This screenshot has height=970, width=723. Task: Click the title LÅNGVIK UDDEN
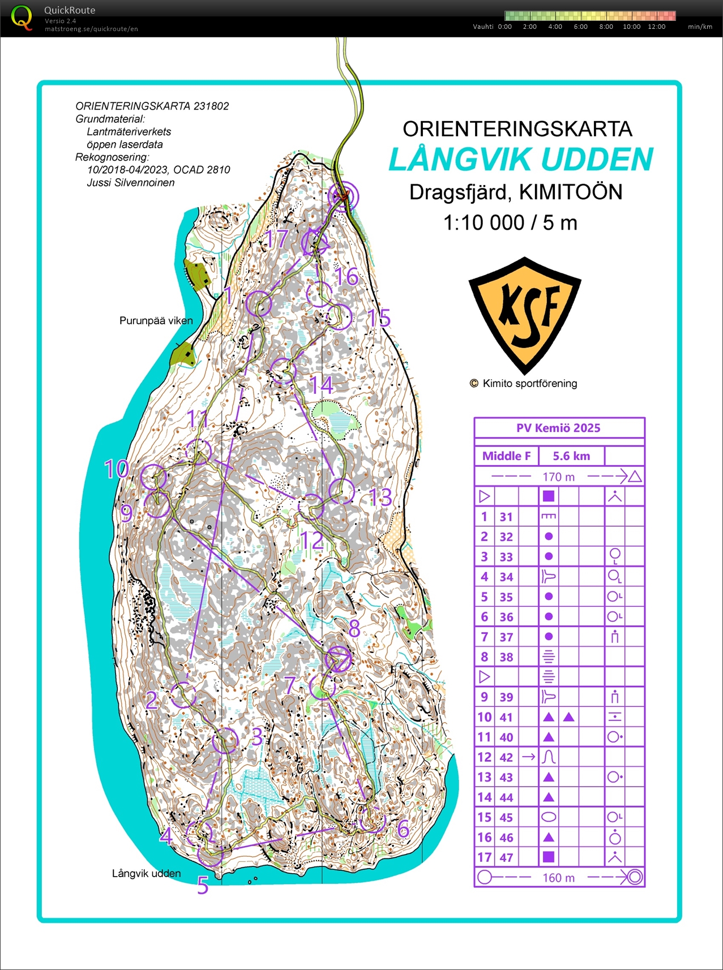pos(520,160)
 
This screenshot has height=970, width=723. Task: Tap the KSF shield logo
pos(525,314)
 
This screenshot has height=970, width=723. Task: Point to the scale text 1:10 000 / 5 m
pos(510,222)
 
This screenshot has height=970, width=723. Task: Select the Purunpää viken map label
pos(156,321)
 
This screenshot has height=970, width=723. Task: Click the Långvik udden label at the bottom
pos(146,873)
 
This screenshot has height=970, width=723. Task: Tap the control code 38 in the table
pos(506,657)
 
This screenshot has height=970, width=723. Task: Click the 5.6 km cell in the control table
pos(571,456)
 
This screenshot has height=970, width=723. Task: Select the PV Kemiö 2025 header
pos(558,428)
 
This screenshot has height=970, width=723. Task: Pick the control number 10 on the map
pos(117,469)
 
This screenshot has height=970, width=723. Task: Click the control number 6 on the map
pos(403,829)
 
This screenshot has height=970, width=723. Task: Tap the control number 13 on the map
pos(380,498)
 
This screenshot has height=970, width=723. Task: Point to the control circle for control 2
pos(183,694)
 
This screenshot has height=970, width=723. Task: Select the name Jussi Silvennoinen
pos(130,183)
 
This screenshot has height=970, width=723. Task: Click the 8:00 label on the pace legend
pos(606,27)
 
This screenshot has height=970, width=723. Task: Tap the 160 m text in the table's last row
pos(558,878)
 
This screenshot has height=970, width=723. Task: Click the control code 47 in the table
pos(506,857)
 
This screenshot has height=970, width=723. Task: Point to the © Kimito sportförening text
pos(524,384)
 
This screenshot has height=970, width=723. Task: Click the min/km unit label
pos(700,27)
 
